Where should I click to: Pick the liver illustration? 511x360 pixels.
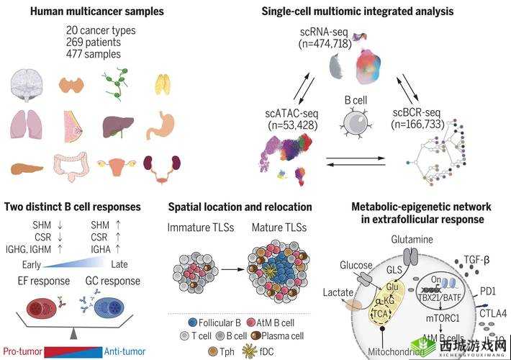pos(117,127)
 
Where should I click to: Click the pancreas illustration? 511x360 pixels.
pos(27,168)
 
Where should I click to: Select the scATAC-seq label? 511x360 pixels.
pos(291,114)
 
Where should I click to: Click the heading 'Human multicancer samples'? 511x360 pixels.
pos(84,12)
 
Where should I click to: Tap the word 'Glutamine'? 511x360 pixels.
pos(412,238)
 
